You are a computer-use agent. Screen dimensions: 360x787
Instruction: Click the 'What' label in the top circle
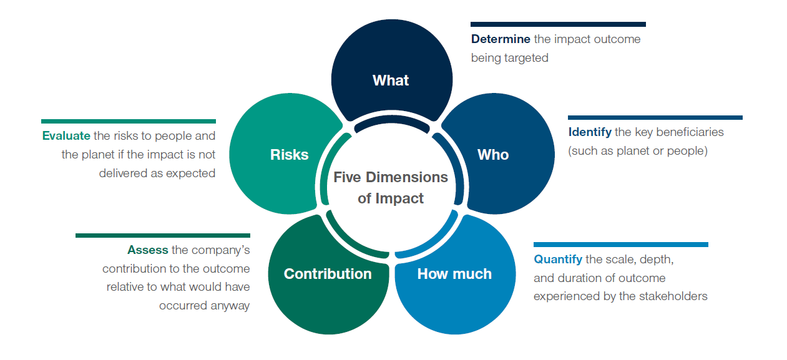coord(391,80)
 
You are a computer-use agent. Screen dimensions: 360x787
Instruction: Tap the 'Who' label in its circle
coord(493,155)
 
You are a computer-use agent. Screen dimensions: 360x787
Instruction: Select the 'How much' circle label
coord(454,274)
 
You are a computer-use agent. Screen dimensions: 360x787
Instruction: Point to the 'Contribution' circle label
coord(328,274)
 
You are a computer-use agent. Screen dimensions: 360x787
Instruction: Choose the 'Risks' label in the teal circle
coord(289,155)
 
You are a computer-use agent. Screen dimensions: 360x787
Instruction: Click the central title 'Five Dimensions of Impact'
coord(391,188)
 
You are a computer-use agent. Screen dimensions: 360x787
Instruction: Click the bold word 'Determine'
coord(501,39)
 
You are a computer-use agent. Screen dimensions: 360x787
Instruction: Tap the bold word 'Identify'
coord(590,132)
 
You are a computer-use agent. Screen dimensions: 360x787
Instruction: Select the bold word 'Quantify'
coord(558,260)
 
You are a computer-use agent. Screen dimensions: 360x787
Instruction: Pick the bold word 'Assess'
coord(148,250)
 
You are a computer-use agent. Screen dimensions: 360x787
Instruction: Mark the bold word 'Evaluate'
coord(66,136)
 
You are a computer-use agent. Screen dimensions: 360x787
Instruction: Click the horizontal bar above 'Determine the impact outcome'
coord(558,24)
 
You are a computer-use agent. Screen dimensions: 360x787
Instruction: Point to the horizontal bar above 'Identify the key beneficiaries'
coord(655,117)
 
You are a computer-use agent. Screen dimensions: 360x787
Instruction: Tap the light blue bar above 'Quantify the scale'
coord(620,245)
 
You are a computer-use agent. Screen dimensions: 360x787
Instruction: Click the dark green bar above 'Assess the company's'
coord(162,235)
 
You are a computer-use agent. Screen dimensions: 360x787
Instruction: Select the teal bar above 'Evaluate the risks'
coord(128,121)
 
